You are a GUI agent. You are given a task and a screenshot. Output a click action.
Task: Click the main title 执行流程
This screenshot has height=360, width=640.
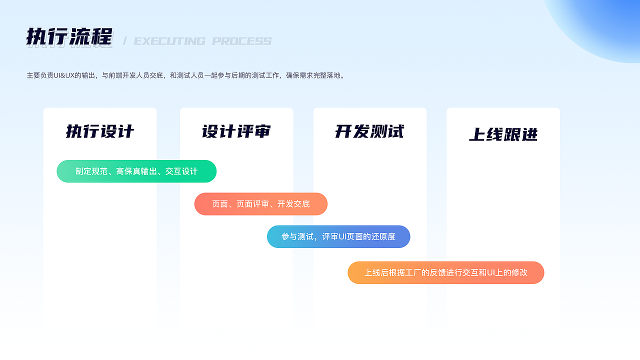click(x=69, y=37)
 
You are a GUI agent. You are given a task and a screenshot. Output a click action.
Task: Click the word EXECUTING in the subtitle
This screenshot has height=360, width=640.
click(x=169, y=41)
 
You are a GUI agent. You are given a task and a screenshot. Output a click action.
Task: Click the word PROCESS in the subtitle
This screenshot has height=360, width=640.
click(x=242, y=41)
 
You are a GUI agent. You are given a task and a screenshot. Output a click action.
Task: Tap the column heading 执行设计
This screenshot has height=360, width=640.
click(x=100, y=131)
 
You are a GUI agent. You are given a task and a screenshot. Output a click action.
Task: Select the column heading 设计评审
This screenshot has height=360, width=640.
click(x=236, y=131)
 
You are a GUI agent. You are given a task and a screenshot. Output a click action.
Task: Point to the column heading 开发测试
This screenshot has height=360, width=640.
click(x=369, y=131)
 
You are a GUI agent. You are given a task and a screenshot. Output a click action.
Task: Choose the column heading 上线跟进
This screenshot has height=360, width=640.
click(x=503, y=134)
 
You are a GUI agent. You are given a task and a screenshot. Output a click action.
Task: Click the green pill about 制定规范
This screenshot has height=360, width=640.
click(x=136, y=171)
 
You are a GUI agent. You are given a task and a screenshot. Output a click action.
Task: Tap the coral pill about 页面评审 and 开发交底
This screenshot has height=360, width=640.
click(x=260, y=204)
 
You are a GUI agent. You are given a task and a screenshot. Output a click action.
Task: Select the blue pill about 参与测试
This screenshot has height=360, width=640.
click(x=338, y=236)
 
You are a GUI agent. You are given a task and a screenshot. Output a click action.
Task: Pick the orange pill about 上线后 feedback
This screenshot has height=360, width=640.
click(x=445, y=273)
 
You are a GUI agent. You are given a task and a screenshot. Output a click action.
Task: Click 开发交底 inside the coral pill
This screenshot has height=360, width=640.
click(x=293, y=204)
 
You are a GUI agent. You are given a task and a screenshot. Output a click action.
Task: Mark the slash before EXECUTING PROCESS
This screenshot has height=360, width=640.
click(x=124, y=41)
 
